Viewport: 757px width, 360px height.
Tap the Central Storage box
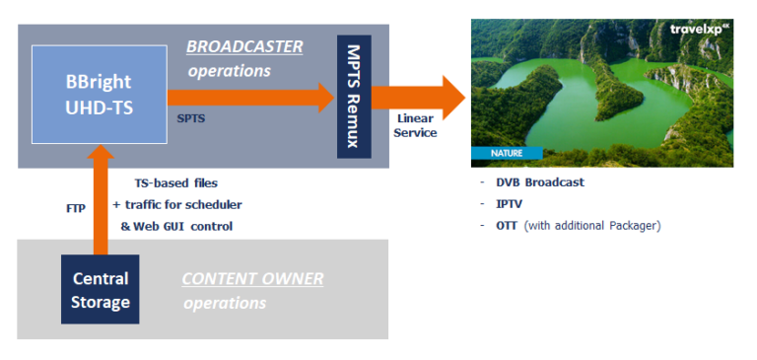click(100, 290)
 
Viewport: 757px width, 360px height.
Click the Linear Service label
click(415, 125)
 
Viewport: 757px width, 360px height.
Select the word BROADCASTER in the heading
click(244, 47)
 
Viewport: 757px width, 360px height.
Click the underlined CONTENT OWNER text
click(252, 279)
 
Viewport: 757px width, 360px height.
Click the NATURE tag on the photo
click(506, 153)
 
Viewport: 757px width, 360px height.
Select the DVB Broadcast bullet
click(540, 182)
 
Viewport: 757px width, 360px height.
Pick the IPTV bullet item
click(509, 204)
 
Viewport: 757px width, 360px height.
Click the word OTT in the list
click(507, 226)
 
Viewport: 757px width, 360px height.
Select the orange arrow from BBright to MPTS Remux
click(251, 97)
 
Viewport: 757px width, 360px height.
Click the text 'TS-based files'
click(176, 183)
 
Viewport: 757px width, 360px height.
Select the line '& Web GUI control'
click(176, 226)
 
